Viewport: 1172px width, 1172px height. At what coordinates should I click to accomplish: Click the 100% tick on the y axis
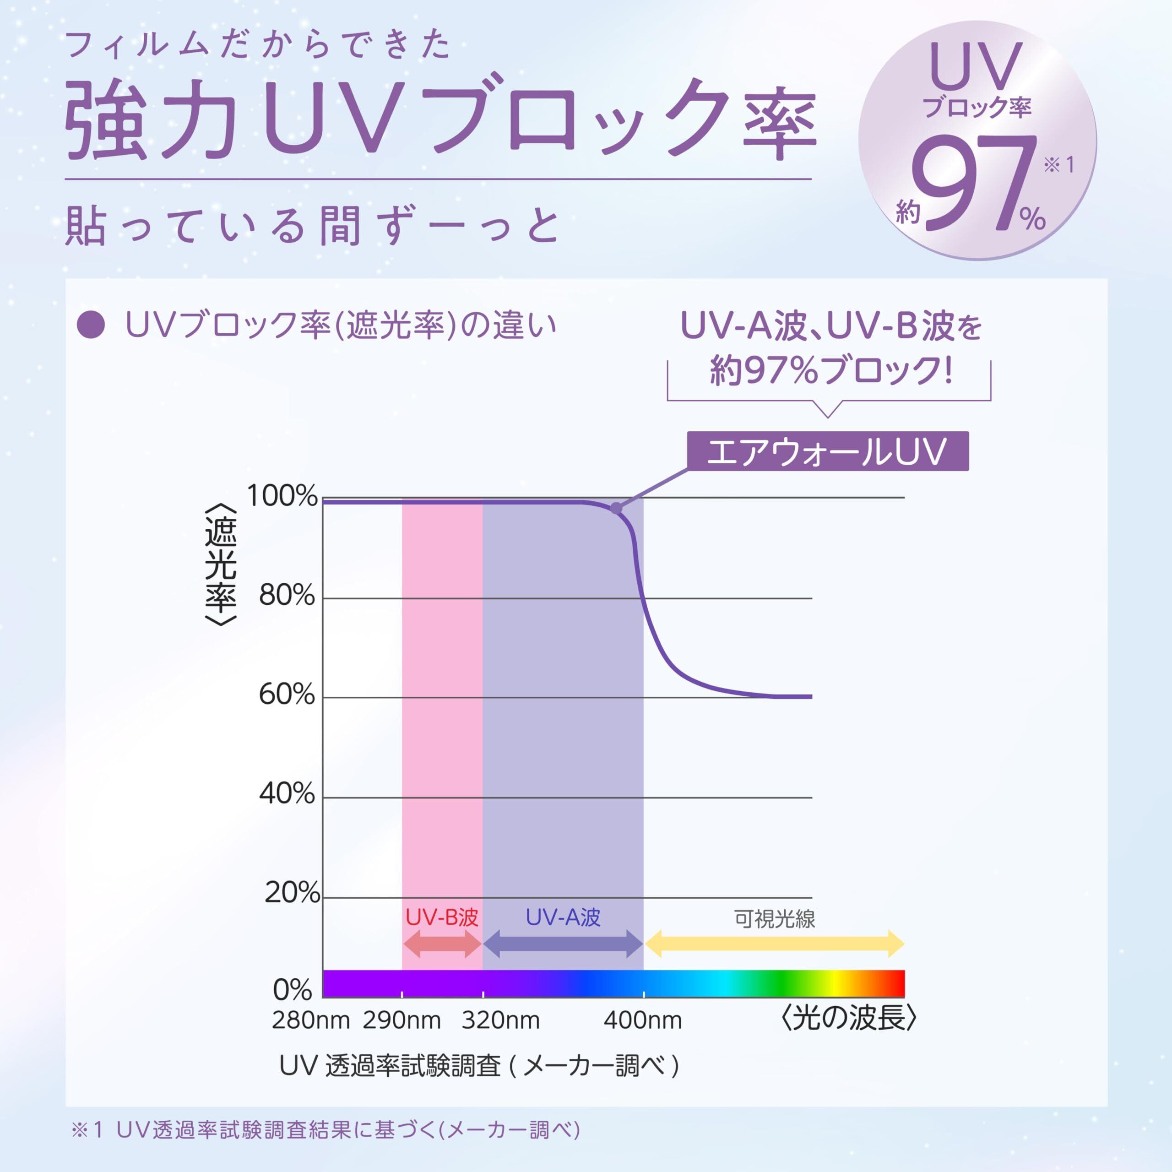(x=282, y=497)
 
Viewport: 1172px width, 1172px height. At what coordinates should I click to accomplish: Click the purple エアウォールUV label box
(x=827, y=451)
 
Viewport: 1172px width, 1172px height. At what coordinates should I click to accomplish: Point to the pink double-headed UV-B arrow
(x=442, y=944)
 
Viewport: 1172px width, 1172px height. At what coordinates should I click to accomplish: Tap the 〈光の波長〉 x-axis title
(x=847, y=1019)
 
